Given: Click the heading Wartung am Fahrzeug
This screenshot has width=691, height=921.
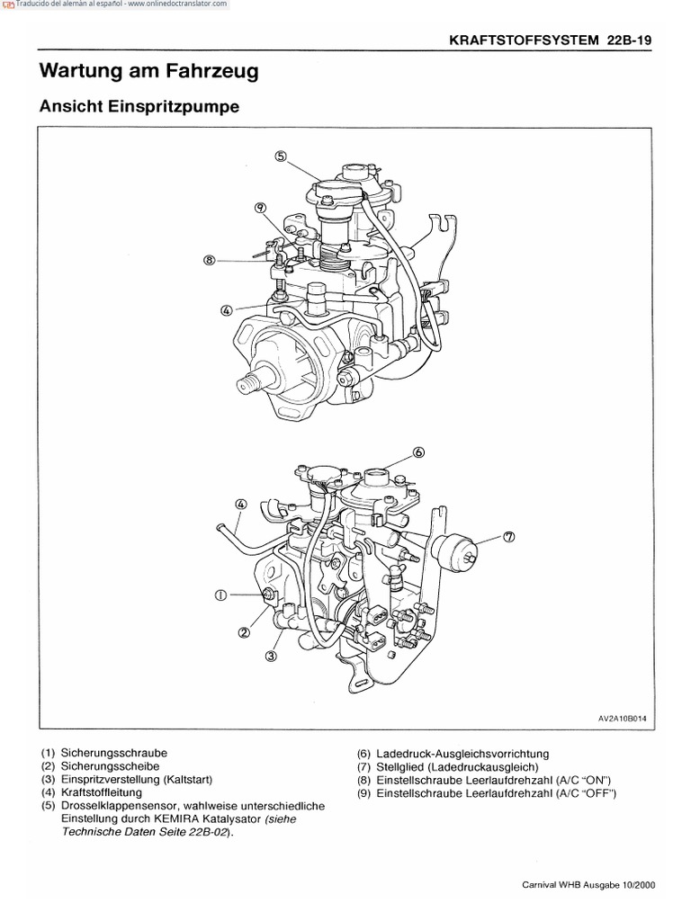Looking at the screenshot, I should coord(148,71).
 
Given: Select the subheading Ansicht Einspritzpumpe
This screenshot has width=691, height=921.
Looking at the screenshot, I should coord(139,107).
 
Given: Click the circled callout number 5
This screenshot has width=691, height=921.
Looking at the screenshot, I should coord(281,156).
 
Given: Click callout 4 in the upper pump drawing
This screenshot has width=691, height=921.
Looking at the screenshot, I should coord(227,310).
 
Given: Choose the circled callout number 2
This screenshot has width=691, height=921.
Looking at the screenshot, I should coord(243,632).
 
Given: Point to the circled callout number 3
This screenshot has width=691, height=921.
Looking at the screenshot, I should coord(271,657).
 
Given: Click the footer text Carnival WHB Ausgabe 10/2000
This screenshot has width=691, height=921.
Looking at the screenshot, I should coord(588,884).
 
